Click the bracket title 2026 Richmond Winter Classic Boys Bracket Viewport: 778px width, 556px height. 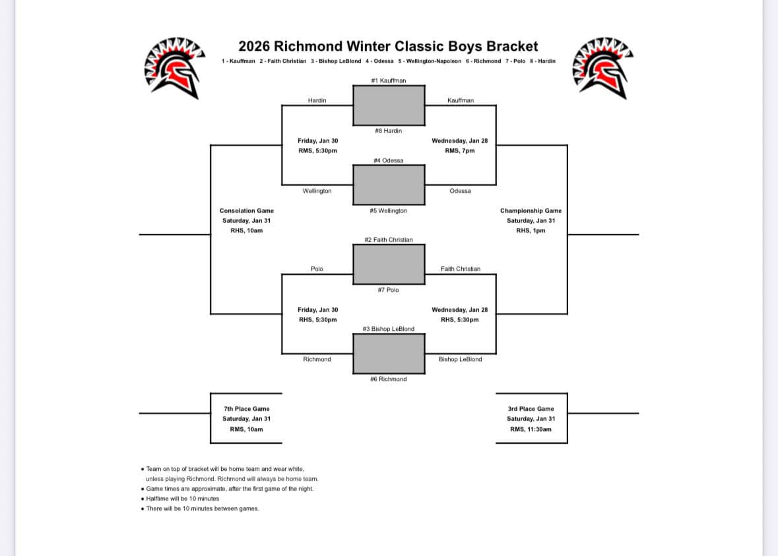pos(388,46)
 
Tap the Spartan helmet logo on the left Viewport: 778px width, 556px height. pos(173,67)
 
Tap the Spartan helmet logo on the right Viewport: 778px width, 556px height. pos(604,67)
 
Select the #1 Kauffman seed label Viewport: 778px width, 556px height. pos(389,81)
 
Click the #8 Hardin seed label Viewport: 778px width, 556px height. pos(388,131)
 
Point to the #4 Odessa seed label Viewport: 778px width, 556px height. pos(388,160)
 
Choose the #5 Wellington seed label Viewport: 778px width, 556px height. pos(388,211)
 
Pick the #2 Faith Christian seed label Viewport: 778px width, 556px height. pos(388,240)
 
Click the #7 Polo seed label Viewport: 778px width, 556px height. pos(388,290)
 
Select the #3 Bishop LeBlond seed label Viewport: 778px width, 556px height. pos(388,329)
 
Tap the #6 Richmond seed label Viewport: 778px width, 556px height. pos(388,379)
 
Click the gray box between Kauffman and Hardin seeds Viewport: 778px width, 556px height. pos(389,105)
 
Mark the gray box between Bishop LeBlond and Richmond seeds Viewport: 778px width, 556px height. pos(389,353)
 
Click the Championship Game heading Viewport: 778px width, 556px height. pos(531,211)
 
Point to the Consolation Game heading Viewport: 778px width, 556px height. pos(246,211)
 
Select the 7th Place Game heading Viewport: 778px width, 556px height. pos(246,409)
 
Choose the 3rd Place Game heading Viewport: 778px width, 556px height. pos(531,409)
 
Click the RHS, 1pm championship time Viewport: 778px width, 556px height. pos(531,230)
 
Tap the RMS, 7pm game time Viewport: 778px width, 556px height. pos(460,151)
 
